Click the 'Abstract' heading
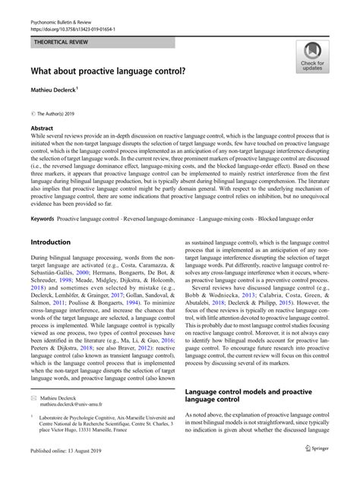(41, 129)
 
